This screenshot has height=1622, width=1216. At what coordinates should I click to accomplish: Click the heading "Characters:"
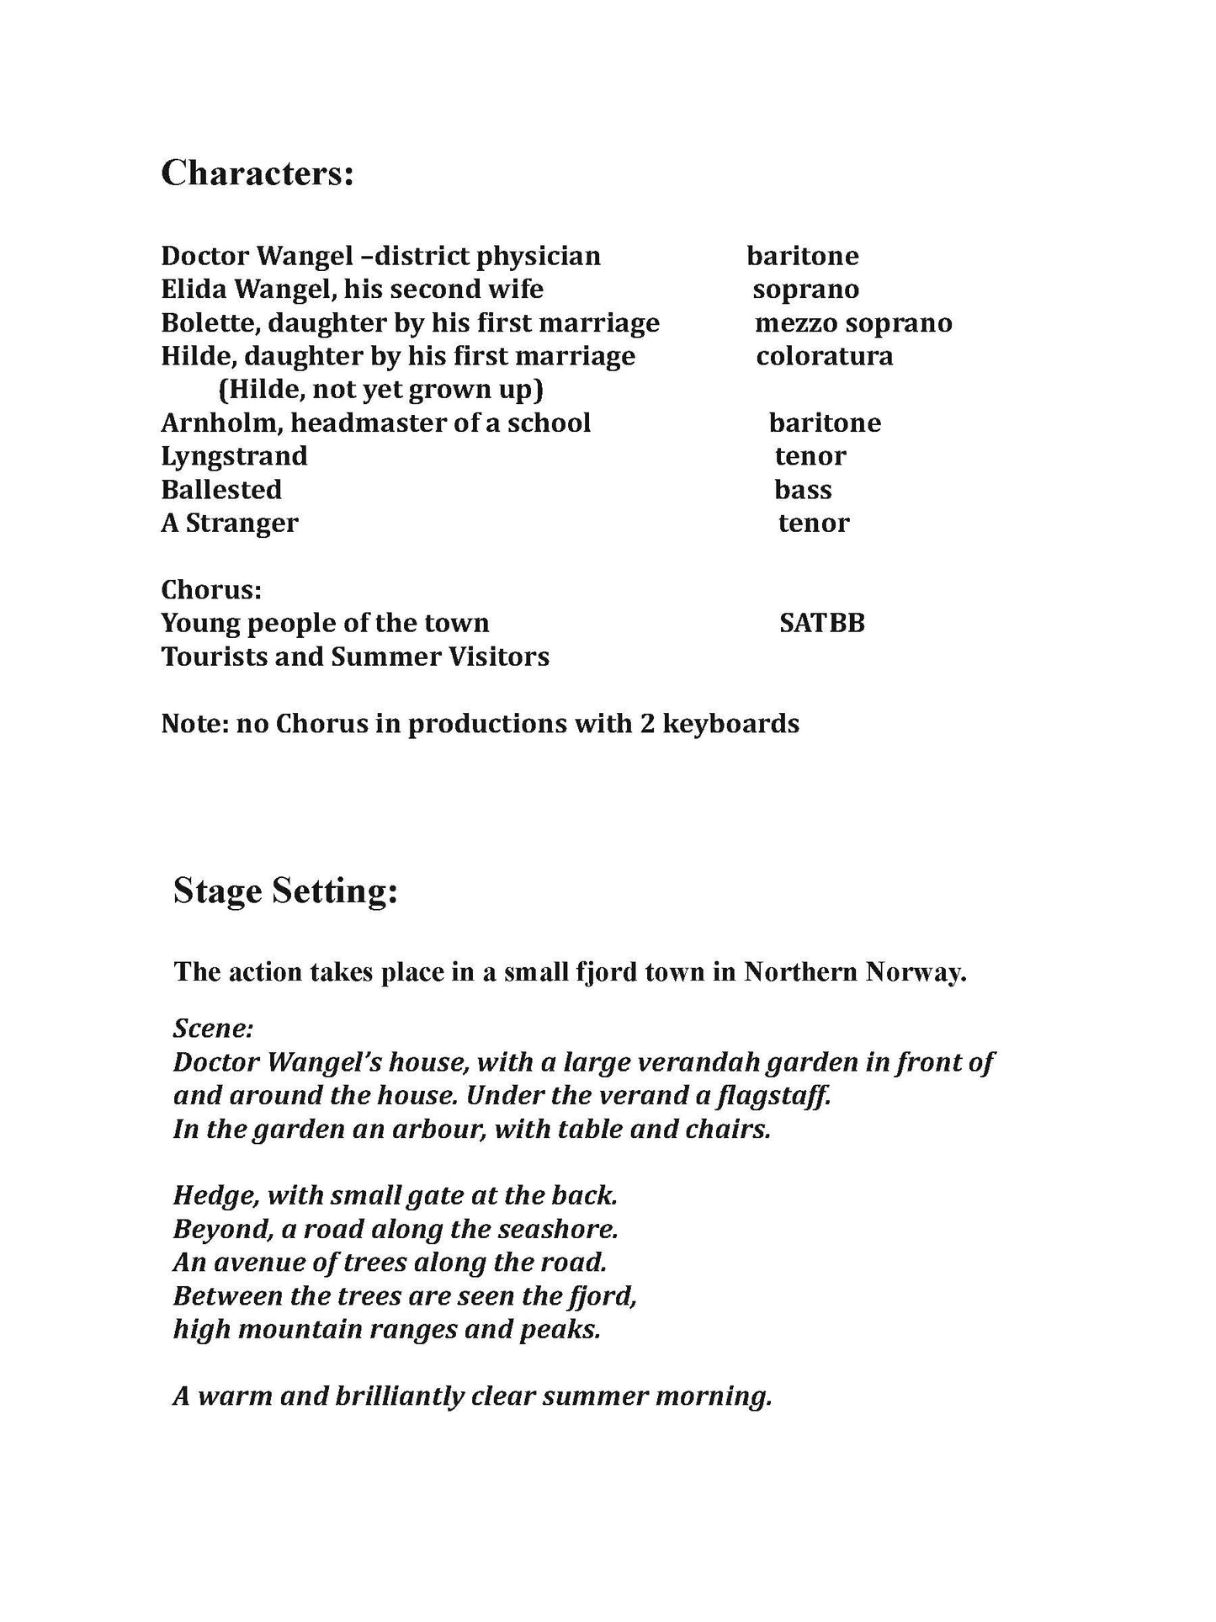click(257, 173)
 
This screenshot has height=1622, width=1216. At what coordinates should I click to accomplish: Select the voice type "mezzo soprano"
click(853, 322)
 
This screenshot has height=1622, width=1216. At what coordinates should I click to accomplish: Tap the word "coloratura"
click(825, 356)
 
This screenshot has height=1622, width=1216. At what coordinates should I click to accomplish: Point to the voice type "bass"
click(803, 490)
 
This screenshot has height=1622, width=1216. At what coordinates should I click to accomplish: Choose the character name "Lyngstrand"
click(234, 456)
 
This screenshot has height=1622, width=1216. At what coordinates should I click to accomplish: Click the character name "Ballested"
click(221, 490)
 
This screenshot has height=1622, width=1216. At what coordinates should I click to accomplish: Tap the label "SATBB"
click(821, 624)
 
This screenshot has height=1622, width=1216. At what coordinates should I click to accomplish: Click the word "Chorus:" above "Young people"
click(211, 589)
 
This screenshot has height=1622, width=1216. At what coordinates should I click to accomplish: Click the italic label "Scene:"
click(214, 1029)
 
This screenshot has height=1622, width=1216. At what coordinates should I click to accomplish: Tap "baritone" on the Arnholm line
click(825, 423)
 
